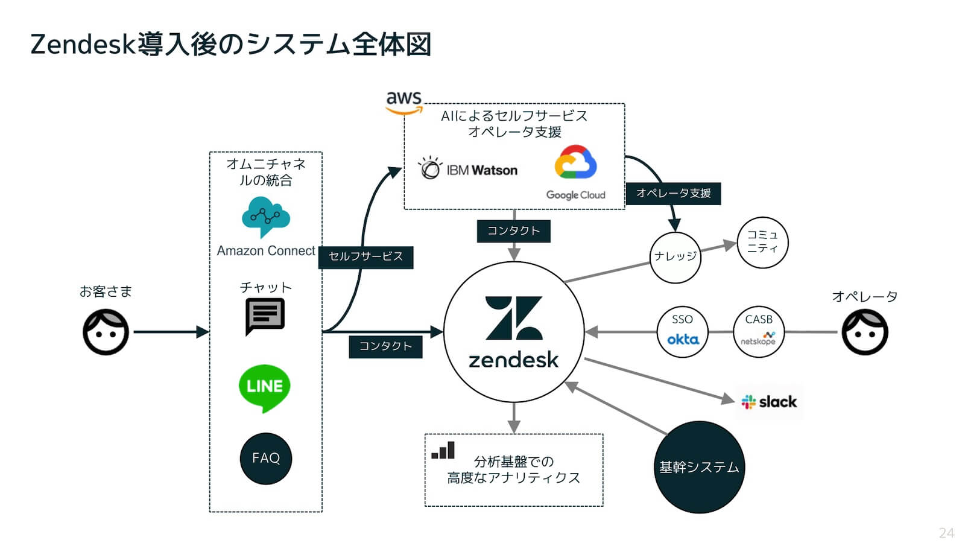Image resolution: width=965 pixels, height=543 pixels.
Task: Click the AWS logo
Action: tap(403, 102)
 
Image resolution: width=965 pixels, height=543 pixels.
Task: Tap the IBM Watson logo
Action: tap(468, 169)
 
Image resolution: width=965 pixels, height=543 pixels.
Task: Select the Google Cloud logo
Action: tap(575, 171)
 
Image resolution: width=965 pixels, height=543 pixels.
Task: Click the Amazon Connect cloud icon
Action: tap(265, 216)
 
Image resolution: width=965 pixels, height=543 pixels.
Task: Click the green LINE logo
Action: tap(264, 387)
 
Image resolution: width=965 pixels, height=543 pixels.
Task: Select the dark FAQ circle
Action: tap(266, 458)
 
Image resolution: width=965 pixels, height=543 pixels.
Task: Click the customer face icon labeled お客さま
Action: tap(106, 332)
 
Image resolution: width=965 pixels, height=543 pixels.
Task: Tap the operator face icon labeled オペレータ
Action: tap(864, 332)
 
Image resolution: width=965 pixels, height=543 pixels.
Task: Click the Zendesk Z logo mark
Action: tap(514, 318)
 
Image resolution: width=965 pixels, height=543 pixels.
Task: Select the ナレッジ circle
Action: tap(675, 257)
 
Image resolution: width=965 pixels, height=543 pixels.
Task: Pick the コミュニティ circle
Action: tap(762, 242)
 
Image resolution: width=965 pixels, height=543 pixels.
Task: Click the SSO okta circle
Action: tap(682, 332)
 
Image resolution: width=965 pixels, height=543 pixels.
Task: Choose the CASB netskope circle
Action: tap(758, 332)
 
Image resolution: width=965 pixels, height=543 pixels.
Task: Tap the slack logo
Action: tap(769, 402)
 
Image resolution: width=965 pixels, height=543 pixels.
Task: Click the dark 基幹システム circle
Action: tap(699, 467)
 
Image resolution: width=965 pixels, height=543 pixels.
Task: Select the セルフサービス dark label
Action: tap(365, 256)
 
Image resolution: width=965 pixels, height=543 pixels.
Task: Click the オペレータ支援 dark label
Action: tap(673, 193)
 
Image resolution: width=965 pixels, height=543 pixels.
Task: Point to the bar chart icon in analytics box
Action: tap(443, 451)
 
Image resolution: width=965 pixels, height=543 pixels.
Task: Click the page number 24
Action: tap(946, 533)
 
